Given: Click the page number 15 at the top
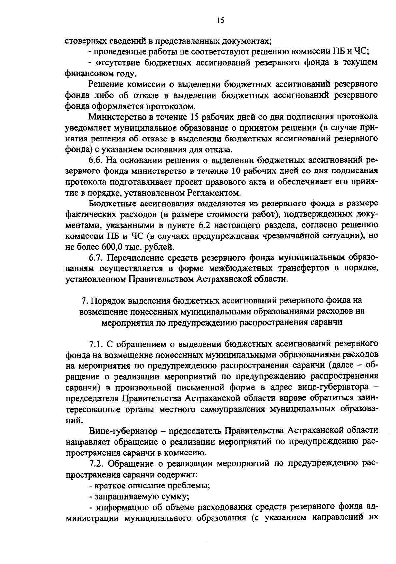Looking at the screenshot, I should [x=221, y=21].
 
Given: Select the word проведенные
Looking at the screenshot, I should [x=113, y=52].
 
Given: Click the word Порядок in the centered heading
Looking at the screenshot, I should [x=108, y=300].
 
